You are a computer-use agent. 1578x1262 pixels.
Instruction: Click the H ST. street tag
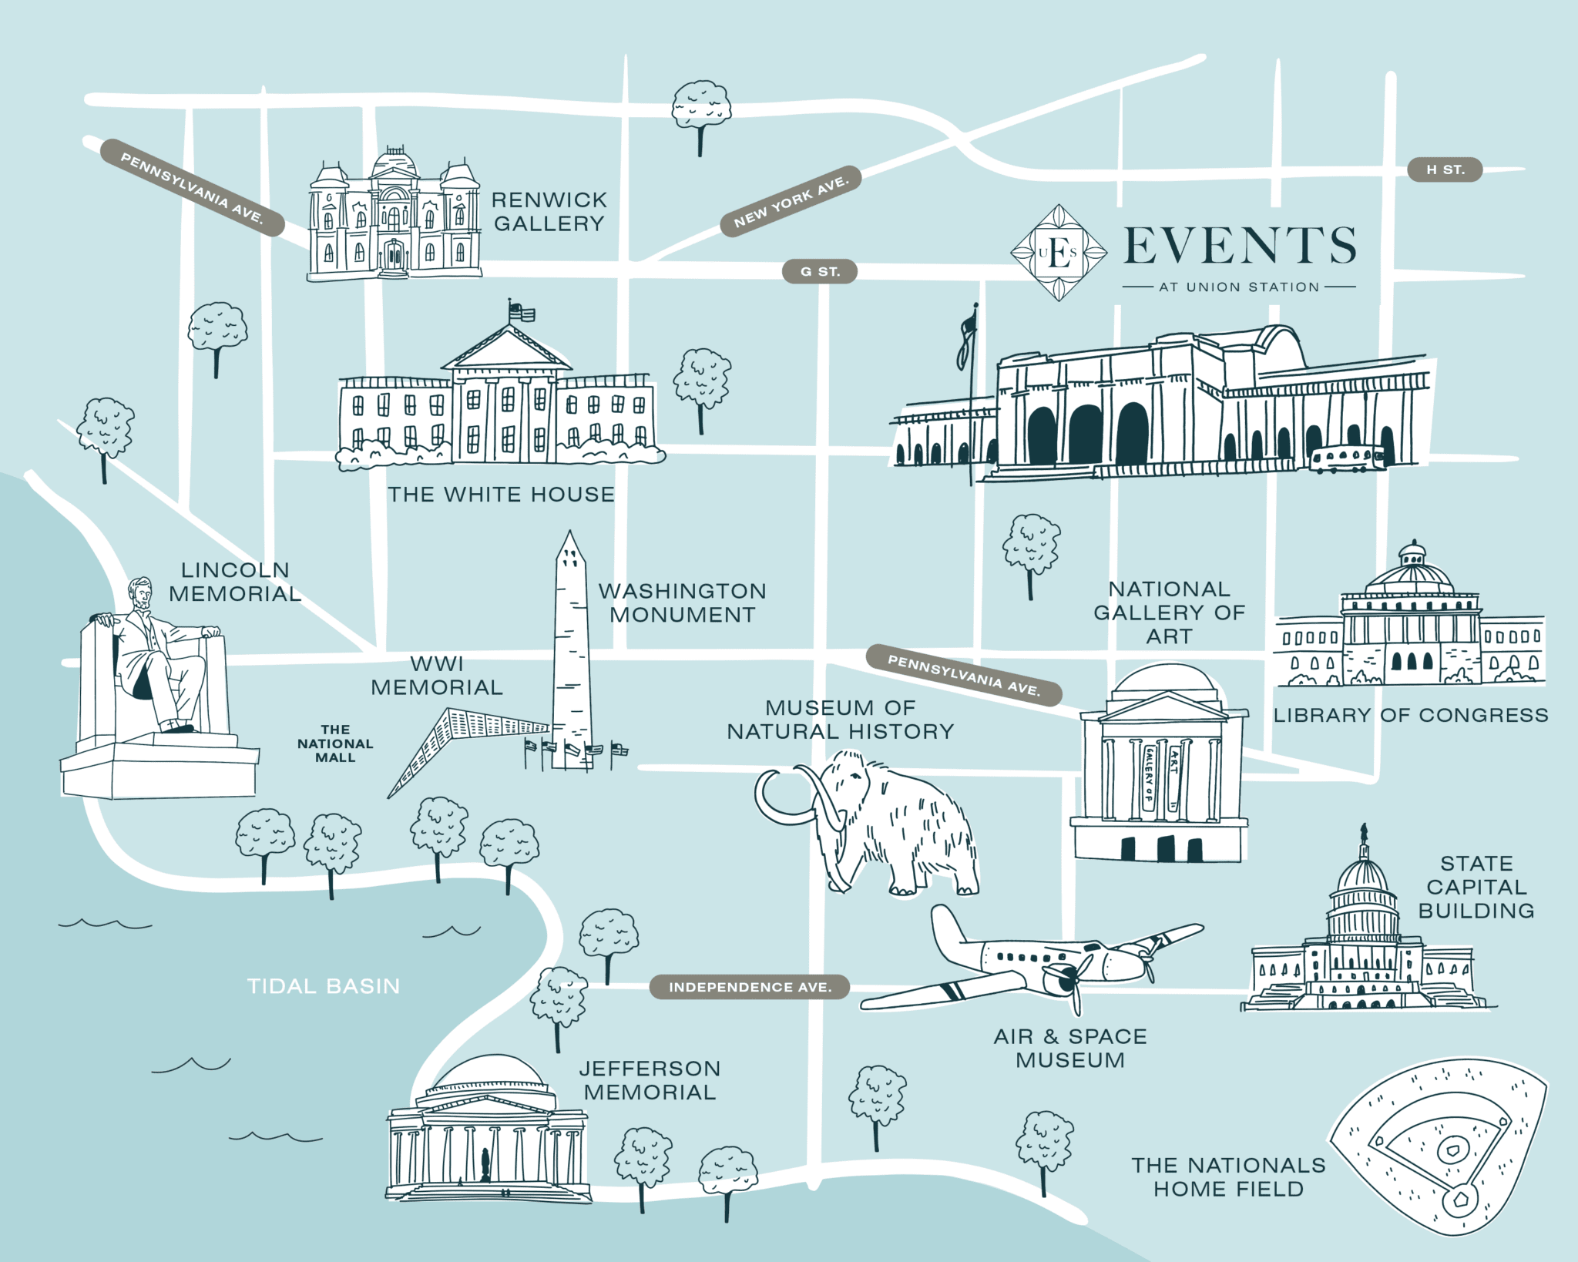[1445, 169]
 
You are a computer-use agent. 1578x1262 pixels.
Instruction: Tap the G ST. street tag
[820, 271]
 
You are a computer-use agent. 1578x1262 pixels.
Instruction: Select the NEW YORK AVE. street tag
[791, 200]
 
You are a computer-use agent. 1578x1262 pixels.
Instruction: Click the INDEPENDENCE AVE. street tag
[750, 987]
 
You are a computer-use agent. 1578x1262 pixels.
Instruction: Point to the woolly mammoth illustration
[878, 824]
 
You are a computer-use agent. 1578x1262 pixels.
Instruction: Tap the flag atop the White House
[522, 311]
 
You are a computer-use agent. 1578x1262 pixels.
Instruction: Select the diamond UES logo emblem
[1059, 252]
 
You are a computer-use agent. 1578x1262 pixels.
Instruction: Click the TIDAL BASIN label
[324, 986]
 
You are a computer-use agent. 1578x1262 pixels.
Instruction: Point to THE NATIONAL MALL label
[335, 743]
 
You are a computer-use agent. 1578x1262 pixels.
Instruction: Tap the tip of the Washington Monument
[569, 532]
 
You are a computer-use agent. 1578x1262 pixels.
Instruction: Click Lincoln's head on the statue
[140, 593]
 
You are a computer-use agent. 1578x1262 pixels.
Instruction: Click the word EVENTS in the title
[1240, 246]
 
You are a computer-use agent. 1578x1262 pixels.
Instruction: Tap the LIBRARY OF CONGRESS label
[1410, 715]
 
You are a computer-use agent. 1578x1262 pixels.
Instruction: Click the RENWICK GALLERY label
[549, 212]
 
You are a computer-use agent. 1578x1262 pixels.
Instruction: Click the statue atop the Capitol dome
[1364, 832]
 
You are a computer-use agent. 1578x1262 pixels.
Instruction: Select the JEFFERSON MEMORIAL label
[650, 1080]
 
